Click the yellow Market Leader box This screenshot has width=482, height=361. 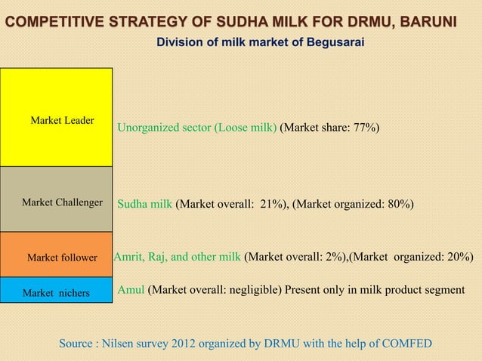click(x=56, y=117)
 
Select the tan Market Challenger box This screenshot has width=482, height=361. click(x=56, y=199)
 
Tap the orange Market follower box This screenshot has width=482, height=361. click(x=56, y=255)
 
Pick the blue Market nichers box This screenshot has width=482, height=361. click(x=56, y=291)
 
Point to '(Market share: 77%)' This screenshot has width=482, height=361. click(x=329, y=128)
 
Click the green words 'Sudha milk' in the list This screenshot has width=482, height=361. click(x=145, y=204)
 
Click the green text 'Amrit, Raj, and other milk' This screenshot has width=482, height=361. click(x=177, y=257)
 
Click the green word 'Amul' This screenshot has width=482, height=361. click(x=131, y=288)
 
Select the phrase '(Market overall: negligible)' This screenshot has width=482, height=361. click(x=217, y=288)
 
